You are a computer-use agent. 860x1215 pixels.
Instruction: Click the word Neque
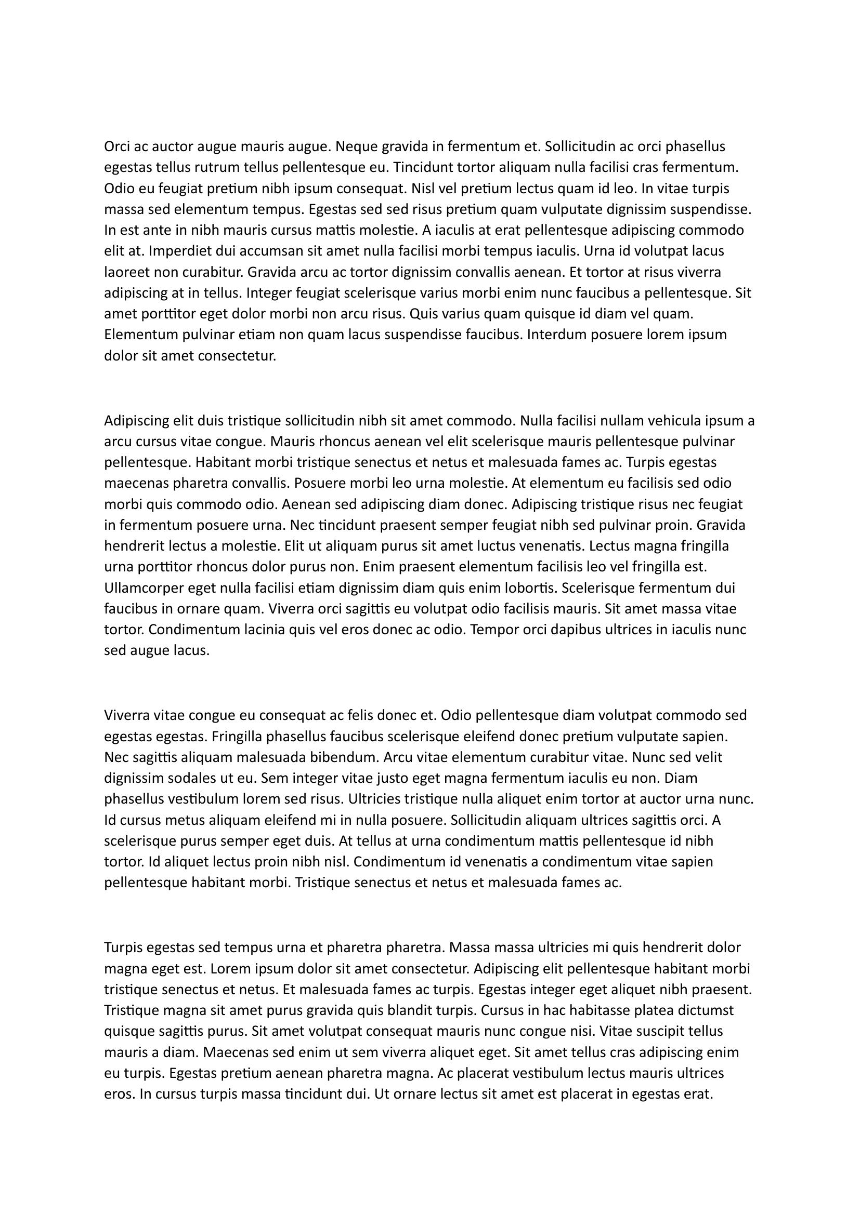click(x=356, y=146)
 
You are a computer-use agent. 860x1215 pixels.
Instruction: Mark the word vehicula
click(x=676, y=421)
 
